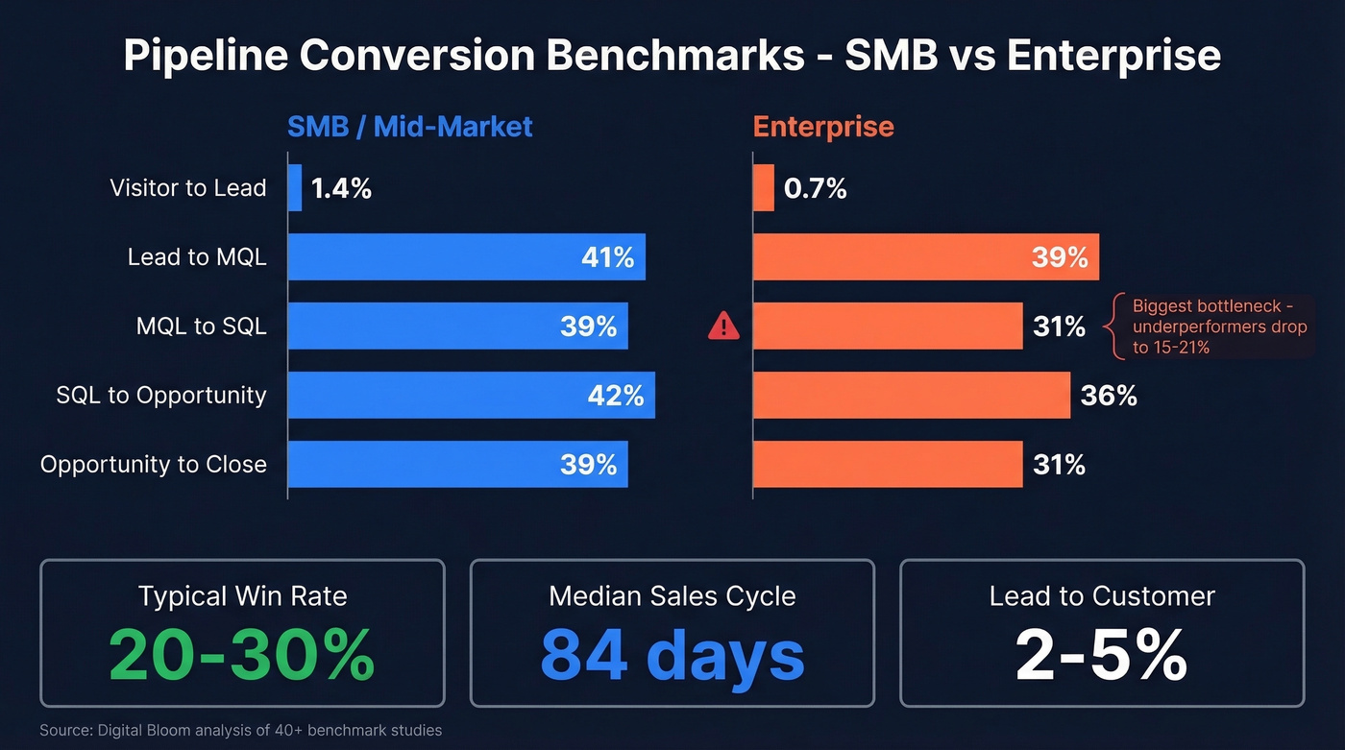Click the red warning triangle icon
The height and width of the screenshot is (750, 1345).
click(x=723, y=327)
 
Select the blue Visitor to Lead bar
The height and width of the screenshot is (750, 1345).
click(x=295, y=188)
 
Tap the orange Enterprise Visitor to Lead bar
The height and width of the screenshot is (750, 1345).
click(x=763, y=188)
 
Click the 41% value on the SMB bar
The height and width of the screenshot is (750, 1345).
click(x=607, y=257)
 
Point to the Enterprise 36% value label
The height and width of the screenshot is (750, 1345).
click(x=1109, y=396)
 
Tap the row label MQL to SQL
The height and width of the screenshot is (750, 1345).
click(x=201, y=327)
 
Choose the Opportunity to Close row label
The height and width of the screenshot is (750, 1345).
click(x=153, y=465)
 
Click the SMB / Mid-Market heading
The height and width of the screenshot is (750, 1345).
click(x=410, y=127)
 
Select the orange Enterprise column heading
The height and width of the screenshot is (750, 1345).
click(x=823, y=127)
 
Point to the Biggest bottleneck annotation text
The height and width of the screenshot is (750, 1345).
click(x=1218, y=327)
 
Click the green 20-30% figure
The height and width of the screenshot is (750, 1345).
click(x=241, y=655)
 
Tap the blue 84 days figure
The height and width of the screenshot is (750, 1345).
click(x=672, y=655)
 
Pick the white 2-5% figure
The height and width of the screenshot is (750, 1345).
click(x=1101, y=655)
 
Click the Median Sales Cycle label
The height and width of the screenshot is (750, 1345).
click(x=672, y=595)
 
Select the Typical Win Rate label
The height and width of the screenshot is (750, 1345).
click(x=241, y=595)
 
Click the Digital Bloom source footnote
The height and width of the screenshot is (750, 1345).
click(x=240, y=731)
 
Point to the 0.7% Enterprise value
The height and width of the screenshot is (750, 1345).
click(x=815, y=188)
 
